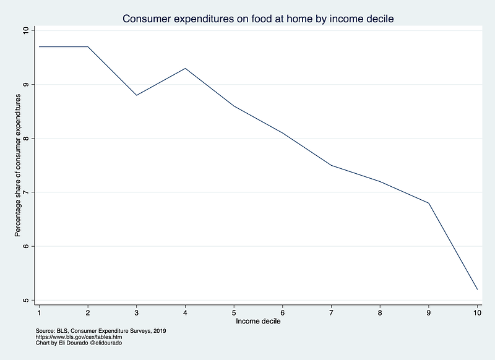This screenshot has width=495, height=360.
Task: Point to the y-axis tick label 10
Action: coord(25,30)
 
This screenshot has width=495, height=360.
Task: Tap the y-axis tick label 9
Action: coord(25,84)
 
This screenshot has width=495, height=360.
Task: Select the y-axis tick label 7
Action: coord(25,192)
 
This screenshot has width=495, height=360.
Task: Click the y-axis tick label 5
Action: coord(25,301)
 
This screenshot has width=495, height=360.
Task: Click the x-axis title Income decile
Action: coord(257,322)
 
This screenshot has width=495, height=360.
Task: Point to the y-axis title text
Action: coord(18,166)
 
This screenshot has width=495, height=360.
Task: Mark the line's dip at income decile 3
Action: coord(136,95)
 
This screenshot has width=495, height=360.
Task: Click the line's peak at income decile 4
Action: coord(185,68)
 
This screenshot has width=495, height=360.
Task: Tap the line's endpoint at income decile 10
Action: coord(477,289)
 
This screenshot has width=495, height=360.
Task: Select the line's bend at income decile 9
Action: coord(428,203)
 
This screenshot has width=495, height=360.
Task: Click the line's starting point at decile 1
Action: coord(39,46)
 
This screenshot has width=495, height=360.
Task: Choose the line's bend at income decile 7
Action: coord(331,165)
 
